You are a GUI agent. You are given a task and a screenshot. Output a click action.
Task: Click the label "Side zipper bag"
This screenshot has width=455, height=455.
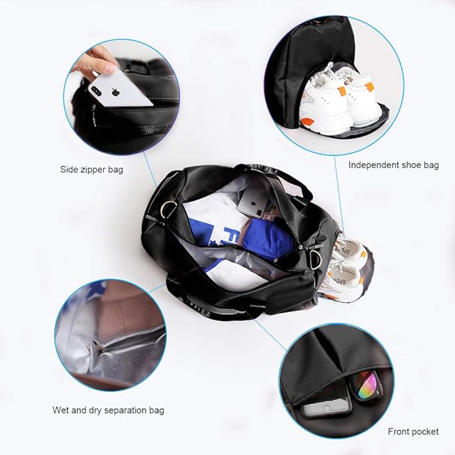91,170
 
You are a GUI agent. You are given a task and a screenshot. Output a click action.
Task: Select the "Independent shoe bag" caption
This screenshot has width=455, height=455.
393,165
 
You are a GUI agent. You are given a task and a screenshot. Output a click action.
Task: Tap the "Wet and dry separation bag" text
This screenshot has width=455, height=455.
108,410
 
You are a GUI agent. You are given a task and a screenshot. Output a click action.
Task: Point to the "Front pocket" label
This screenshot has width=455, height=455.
413,432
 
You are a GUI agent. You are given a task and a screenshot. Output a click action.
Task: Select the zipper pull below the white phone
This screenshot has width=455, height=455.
96,123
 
